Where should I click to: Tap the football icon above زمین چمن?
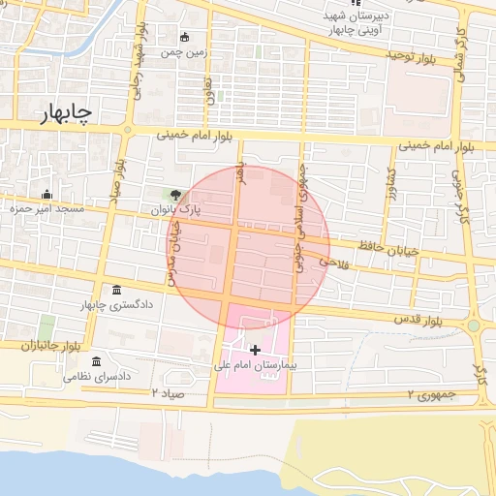[184, 38]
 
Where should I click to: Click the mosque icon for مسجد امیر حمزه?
[46, 193]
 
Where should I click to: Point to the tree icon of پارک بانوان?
[175, 195]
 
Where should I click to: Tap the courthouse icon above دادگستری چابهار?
[117, 291]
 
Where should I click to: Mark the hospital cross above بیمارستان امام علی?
[255, 349]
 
